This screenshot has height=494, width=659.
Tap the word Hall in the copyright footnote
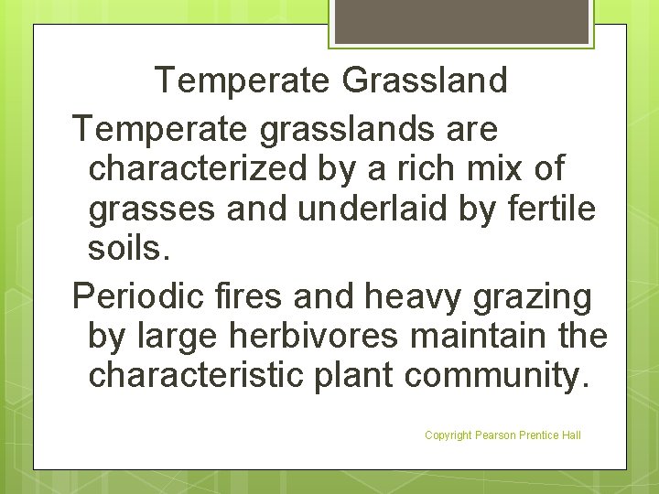click(571, 435)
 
